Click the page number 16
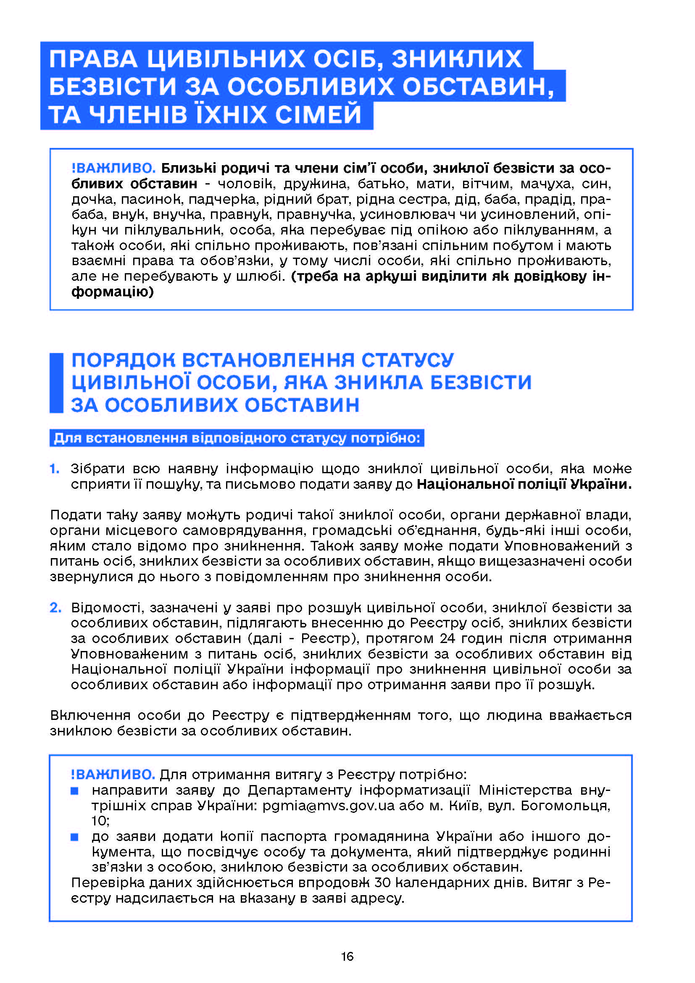pyautogui.click(x=347, y=956)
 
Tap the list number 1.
pyautogui.click(x=54, y=469)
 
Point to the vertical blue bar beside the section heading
pyautogui.click(x=56, y=383)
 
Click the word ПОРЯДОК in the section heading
pyautogui.click(x=123, y=360)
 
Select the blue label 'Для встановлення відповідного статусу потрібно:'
pyautogui.click(x=237, y=438)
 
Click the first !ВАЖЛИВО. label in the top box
pyautogui.click(x=113, y=168)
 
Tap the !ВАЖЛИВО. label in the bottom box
pyautogui.click(x=113, y=775)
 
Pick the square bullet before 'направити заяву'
pyautogui.click(x=74, y=791)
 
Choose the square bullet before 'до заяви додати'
pyautogui.click(x=74, y=837)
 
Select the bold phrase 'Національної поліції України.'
pyautogui.click(x=524, y=484)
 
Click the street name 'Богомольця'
pyautogui.click(x=565, y=806)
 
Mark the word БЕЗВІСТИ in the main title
pyautogui.click(x=113, y=87)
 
